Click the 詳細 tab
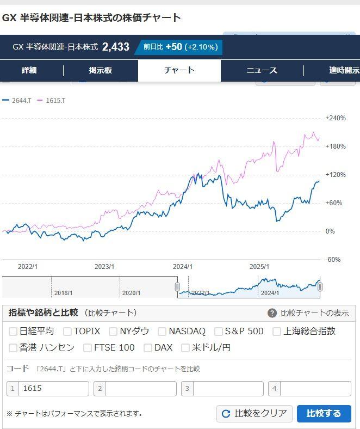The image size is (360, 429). coord(29,70)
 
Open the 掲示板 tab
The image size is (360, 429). coord(101,70)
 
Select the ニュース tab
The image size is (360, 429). coord(262,70)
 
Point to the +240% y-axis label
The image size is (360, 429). coord(336,118)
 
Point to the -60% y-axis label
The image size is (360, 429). coord(333,260)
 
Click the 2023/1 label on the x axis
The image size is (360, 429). coord(104,267)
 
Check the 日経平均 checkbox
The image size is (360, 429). coord(13,331)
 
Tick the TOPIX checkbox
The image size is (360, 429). coord(67,331)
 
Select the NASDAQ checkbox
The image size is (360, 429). coord(162,331)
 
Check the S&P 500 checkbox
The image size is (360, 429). coord(219,331)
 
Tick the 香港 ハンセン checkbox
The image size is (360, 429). coord(13,348)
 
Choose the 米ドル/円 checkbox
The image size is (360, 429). coord(185,348)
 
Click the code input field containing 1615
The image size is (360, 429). coord(53,389)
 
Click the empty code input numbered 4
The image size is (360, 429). coord(315,389)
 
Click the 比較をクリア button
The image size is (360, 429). coord(255,413)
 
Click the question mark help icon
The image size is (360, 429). coord(272,313)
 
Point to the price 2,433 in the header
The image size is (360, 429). coord(116,47)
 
